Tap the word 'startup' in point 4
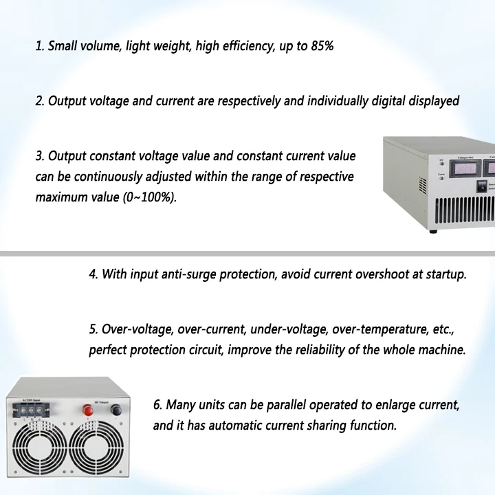[445, 274]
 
